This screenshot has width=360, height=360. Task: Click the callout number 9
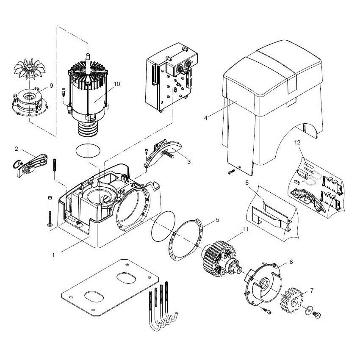(x=51, y=86)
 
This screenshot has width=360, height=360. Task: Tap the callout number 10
(x=116, y=84)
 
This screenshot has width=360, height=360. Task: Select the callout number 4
(x=205, y=117)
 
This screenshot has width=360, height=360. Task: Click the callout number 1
(x=53, y=255)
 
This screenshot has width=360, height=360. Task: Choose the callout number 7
(x=312, y=291)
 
